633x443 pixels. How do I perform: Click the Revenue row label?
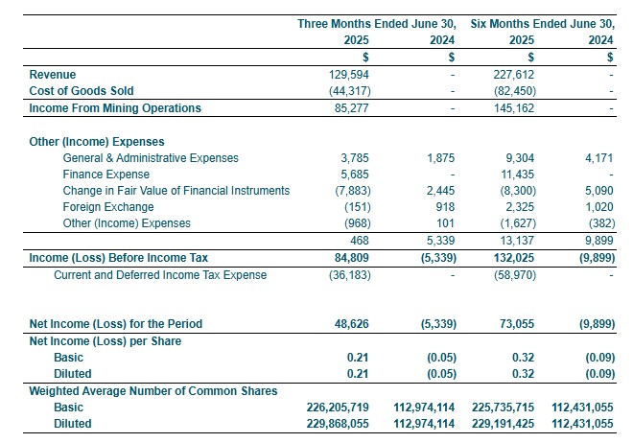(53, 74)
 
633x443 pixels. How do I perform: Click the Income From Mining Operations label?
(115, 107)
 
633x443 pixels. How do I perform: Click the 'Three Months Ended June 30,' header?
(381, 23)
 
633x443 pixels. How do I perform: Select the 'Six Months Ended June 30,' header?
(542, 23)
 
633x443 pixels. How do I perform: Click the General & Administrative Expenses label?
(151, 157)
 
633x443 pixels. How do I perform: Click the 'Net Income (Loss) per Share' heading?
(105, 340)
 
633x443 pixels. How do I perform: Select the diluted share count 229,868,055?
(330, 423)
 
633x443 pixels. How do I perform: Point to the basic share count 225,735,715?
(504, 407)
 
